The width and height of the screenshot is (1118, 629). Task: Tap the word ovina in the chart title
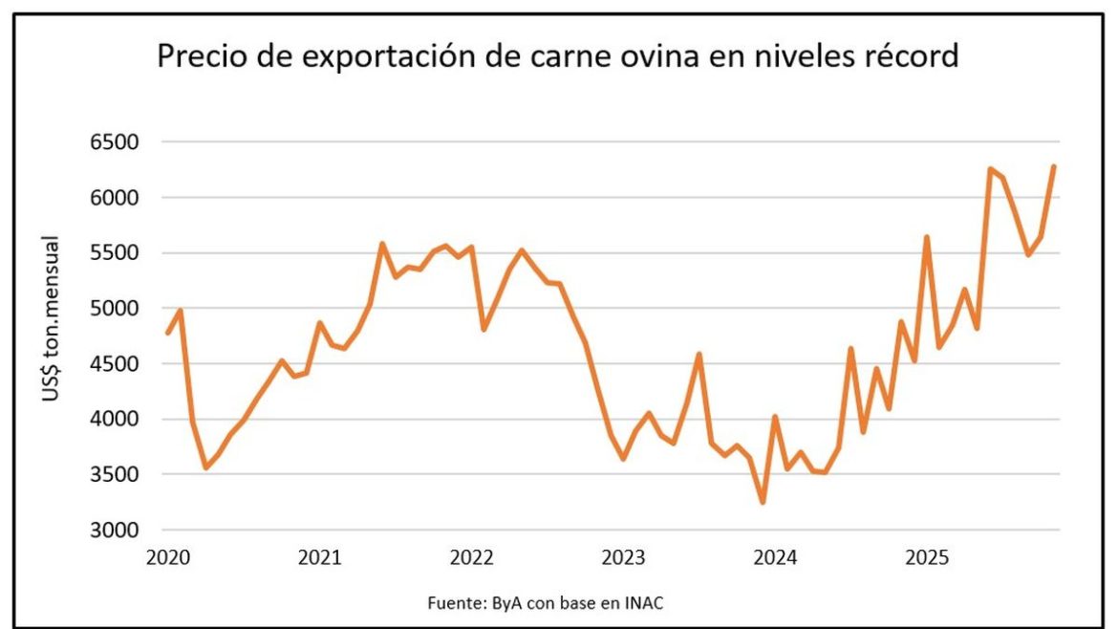(x=631, y=57)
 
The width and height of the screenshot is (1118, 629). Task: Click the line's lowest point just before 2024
(x=763, y=502)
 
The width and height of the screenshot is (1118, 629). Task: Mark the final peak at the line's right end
(x=1054, y=166)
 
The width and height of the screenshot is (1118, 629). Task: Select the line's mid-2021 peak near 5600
(x=382, y=244)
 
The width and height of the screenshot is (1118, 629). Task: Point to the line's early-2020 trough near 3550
(x=205, y=467)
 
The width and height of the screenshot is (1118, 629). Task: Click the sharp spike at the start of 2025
(x=926, y=237)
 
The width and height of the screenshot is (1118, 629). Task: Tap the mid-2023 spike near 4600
(x=699, y=355)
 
